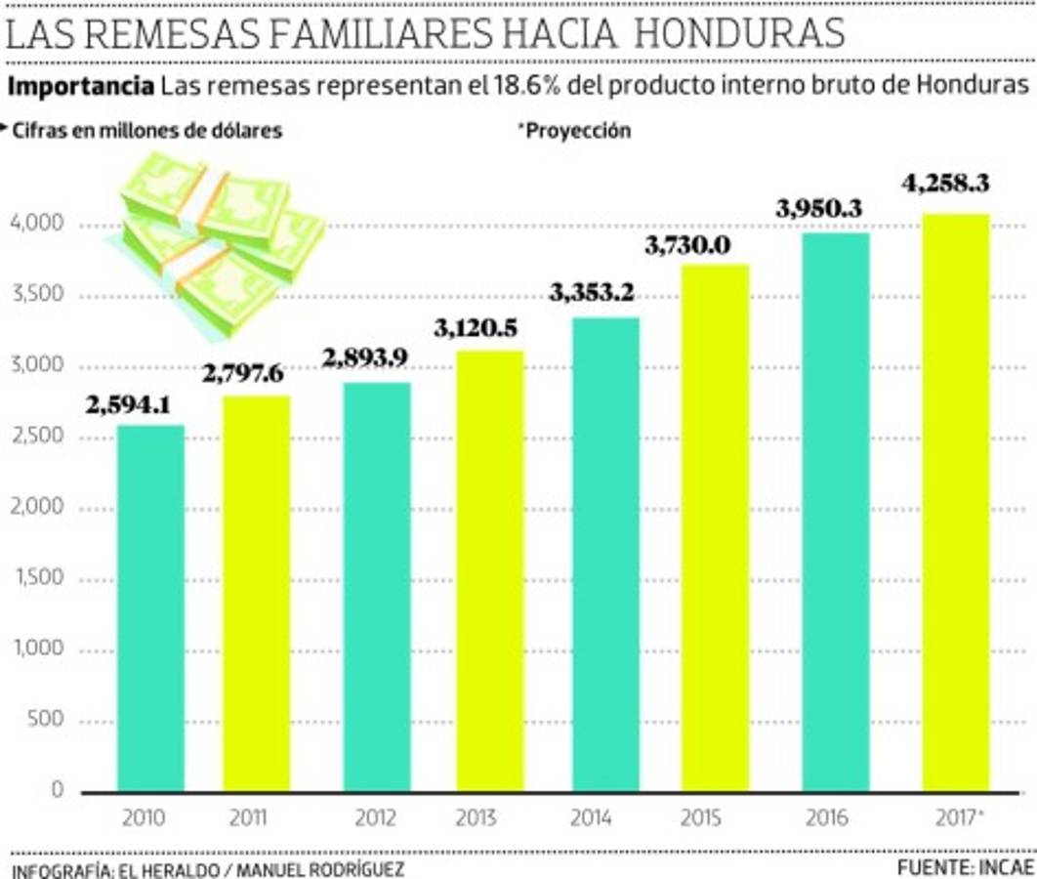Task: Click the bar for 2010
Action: (150, 607)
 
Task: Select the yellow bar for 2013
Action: (489, 570)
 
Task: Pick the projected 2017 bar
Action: (956, 502)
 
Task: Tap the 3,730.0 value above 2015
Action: (700, 244)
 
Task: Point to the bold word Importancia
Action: (80, 86)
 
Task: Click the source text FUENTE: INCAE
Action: (964, 866)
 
